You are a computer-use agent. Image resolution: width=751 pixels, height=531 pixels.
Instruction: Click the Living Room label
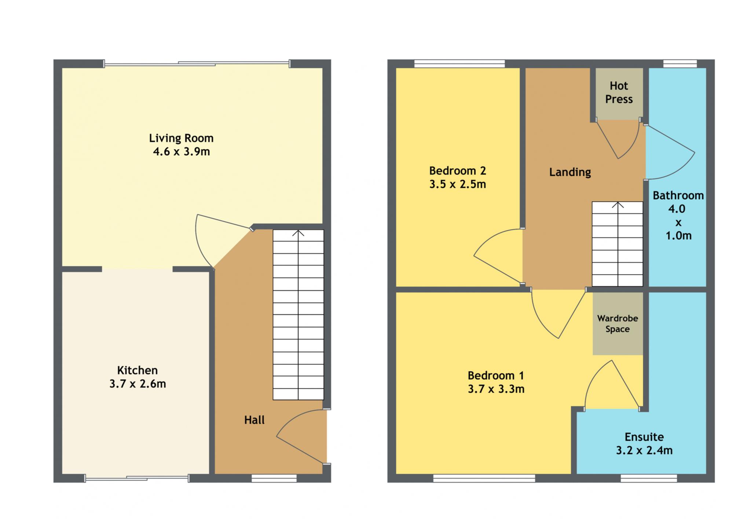(x=181, y=138)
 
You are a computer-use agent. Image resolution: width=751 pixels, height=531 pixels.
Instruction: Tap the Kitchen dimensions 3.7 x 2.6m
(x=138, y=384)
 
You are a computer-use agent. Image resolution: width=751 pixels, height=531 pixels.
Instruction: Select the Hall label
(x=254, y=420)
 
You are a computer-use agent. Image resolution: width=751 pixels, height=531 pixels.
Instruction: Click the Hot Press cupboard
(x=619, y=94)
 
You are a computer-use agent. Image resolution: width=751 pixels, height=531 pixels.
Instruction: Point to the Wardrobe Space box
(x=618, y=323)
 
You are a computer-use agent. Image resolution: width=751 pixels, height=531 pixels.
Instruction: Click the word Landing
(x=570, y=172)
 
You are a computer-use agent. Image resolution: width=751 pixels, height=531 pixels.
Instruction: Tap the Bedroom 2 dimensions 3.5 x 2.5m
(x=458, y=184)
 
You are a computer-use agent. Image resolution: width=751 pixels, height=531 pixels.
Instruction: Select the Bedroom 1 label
(x=496, y=376)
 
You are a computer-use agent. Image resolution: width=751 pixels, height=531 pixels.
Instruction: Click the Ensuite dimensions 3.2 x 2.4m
(x=644, y=450)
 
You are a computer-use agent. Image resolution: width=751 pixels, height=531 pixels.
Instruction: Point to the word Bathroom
(x=678, y=195)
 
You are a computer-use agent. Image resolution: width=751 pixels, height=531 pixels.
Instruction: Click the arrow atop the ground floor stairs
(x=298, y=233)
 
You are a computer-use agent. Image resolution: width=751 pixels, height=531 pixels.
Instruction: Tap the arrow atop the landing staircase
(x=618, y=205)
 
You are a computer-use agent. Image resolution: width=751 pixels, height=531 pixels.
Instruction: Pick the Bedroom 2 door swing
(x=488, y=238)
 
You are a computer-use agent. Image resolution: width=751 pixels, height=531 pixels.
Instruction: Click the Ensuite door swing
(x=594, y=374)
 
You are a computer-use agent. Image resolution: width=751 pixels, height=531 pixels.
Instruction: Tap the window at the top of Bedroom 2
(x=459, y=64)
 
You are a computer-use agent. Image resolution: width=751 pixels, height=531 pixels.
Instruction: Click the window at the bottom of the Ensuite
(x=649, y=478)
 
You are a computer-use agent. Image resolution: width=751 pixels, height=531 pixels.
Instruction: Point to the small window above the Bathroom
(x=680, y=64)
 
